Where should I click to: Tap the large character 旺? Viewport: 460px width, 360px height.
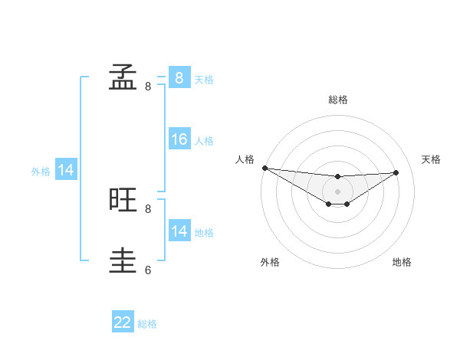(x=123, y=200)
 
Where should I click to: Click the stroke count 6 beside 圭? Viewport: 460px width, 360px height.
(x=148, y=270)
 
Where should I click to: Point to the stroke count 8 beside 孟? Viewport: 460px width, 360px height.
(x=148, y=87)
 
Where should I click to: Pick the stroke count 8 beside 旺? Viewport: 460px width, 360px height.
(x=148, y=208)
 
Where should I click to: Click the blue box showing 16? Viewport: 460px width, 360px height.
(x=179, y=139)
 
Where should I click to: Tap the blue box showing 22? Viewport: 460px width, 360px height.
(x=123, y=322)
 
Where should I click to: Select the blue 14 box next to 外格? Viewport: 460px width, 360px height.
(x=66, y=171)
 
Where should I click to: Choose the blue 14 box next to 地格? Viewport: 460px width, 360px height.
(x=179, y=231)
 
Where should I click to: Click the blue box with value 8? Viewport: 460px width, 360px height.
(x=179, y=77)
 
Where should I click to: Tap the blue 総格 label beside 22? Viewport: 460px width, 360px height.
(x=147, y=324)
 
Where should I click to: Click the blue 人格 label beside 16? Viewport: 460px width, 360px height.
(x=204, y=141)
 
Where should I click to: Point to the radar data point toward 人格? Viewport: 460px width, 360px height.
(x=264, y=168)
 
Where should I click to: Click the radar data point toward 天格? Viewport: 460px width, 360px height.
(x=396, y=172)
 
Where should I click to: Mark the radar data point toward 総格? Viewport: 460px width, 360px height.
(x=338, y=177)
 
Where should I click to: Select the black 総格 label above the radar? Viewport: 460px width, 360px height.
(x=338, y=100)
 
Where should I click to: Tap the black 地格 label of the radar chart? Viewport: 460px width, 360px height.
(x=402, y=263)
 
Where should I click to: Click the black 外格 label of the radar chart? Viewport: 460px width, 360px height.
(x=270, y=263)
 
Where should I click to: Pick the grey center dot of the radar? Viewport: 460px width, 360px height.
(x=338, y=191)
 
